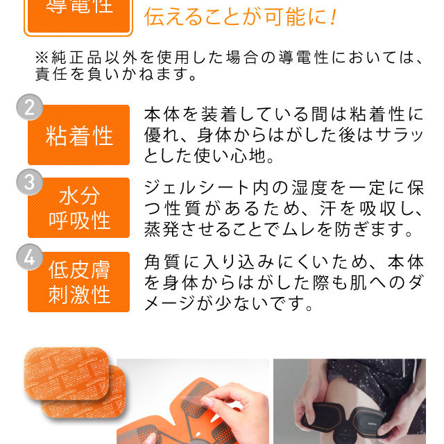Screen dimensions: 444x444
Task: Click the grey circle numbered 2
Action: pyautogui.click(x=30, y=108)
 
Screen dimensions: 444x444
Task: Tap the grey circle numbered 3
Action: pyautogui.click(x=30, y=182)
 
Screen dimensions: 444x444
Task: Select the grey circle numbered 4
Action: pyautogui.click(x=30, y=257)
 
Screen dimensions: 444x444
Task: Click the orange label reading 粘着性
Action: pyautogui.click(x=78, y=135)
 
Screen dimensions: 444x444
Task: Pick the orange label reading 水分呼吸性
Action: pyautogui.click(x=78, y=208)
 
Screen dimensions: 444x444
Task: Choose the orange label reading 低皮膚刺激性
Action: pyautogui.click(x=78, y=282)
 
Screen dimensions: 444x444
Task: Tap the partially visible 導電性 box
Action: pyautogui.click(x=78, y=17)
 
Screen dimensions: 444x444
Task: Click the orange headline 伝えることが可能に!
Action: pyautogui.click(x=241, y=17)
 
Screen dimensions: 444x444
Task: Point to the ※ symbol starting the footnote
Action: pyautogui.click(x=42, y=58)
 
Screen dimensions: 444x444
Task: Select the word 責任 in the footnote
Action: pyautogui.click(x=51, y=74)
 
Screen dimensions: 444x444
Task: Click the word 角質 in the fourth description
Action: pyautogui.click(x=162, y=262)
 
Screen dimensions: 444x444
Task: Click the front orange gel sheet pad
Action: pyautogui.click(x=67, y=373)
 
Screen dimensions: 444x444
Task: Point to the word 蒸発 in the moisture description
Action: pyautogui.click(x=162, y=230)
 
